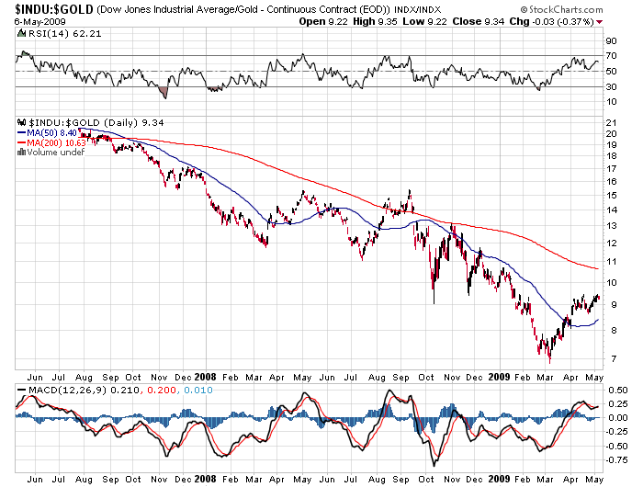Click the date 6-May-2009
(28, 22)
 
